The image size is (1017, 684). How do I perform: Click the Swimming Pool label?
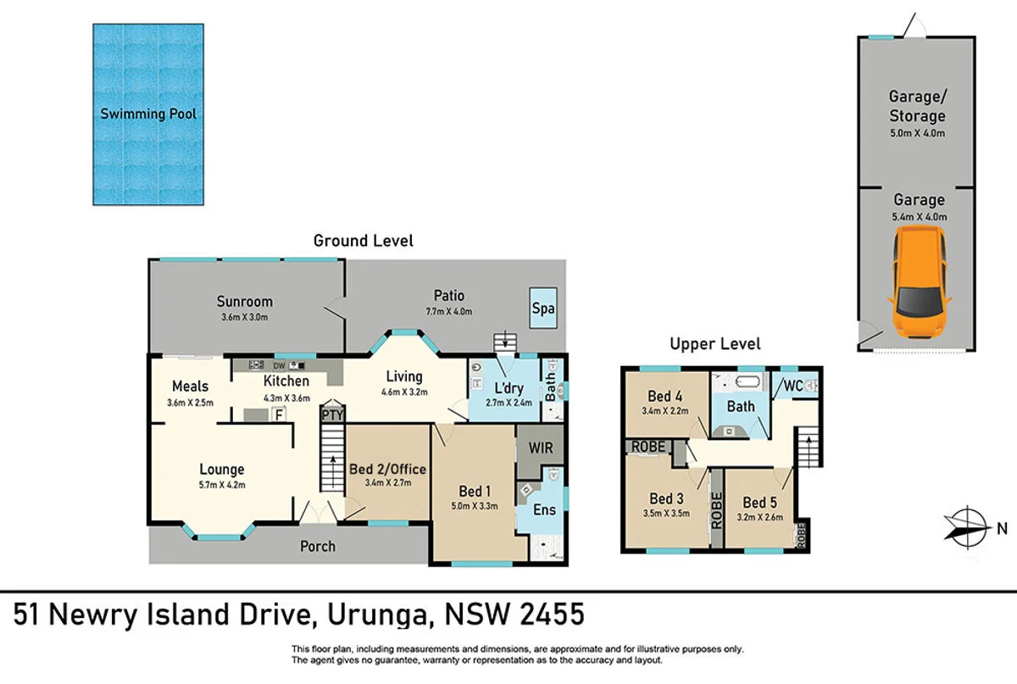[148, 114]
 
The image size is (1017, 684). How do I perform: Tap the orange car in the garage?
[920, 281]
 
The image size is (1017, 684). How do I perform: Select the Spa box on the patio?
[543, 308]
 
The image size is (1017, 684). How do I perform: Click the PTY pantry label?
[332, 414]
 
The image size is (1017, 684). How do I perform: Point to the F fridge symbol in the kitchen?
[279, 414]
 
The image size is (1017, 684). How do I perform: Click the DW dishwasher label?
[279, 365]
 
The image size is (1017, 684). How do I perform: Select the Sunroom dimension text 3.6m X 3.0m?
[244, 317]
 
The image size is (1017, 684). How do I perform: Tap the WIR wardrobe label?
[541, 448]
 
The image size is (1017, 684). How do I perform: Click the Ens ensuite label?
[544, 509]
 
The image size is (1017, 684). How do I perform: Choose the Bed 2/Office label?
[387, 469]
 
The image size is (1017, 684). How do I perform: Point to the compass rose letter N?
[1002, 529]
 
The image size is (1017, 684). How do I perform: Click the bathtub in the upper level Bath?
[747, 381]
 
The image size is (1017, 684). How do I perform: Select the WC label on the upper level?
[793, 386]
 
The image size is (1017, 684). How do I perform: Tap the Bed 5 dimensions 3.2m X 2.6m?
[759, 517]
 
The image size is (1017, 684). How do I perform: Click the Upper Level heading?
[715, 344]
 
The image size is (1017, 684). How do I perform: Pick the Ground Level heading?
[364, 241]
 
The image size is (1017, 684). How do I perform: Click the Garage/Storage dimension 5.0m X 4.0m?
[917, 133]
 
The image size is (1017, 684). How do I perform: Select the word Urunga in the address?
[378, 615]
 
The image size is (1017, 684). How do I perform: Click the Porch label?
[317, 546]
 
